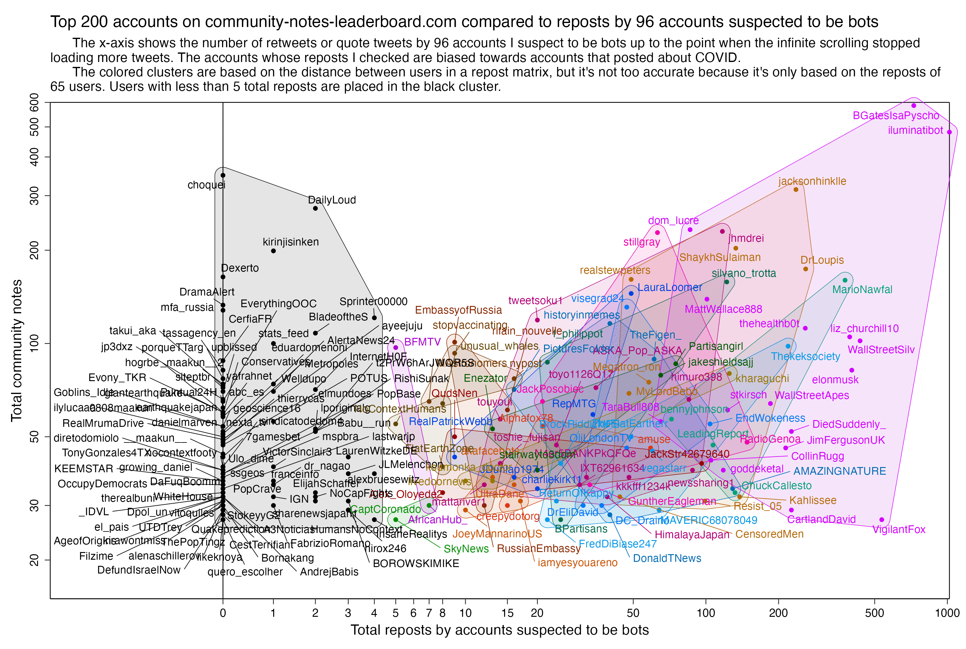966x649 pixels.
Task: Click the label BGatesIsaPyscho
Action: (896, 116)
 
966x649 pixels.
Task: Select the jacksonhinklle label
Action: (812, 181)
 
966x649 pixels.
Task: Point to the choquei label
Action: (206, 185)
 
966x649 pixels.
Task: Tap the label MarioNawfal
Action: (862, 290)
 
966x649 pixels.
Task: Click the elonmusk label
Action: (835, 380)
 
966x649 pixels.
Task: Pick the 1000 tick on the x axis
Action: (947, 613)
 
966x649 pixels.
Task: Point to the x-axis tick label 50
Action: (633, 613)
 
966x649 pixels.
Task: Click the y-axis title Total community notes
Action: (17, 350)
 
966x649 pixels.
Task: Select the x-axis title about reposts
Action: (500, 630)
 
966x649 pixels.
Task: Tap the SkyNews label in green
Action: (466, 549)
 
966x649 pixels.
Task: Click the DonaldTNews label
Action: (667, 559)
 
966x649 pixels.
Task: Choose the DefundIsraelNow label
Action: (139, 570)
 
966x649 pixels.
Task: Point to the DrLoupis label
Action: (822, 260)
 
